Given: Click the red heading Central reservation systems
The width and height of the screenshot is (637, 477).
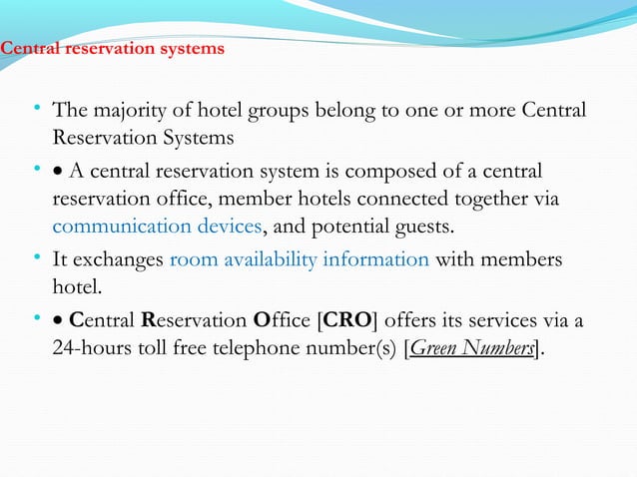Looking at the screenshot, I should (x=112, y=48).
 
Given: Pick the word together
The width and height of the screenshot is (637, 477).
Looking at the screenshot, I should (x=493, y=199).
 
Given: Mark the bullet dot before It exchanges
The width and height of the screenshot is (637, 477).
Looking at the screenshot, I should (x=35, y=259).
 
